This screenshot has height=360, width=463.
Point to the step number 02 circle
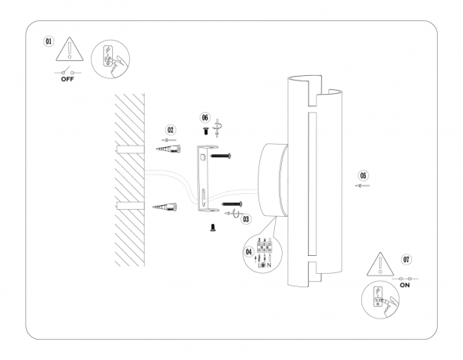171,129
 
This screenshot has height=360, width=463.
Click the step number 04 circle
250,253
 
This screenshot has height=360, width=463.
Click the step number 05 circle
363,175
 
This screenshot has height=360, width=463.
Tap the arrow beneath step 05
363,186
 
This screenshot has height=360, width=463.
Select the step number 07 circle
405,258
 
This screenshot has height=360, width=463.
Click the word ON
405,286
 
